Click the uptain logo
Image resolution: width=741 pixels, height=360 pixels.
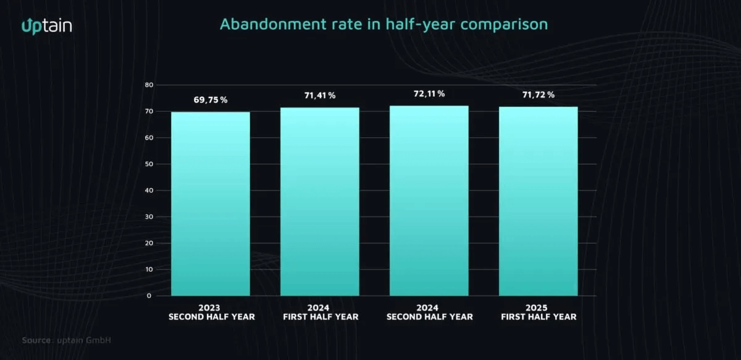pos(47,25)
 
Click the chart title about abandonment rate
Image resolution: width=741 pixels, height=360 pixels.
pos(383,25)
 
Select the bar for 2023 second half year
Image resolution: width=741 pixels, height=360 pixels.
pos(210,204)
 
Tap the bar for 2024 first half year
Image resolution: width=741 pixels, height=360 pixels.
pos(320,201)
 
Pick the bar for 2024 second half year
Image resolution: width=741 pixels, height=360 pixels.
pos(429,201)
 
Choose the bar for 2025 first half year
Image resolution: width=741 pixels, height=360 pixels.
pos(538,201)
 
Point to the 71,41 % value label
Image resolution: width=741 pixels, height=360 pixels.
pos(320,95)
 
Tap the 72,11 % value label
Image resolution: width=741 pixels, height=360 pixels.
pos(429,93)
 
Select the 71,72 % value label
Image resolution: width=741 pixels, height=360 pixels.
pos(538,94)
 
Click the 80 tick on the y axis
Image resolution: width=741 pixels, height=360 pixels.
pos(148,85)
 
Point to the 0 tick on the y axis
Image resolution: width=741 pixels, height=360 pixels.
pos(149,296)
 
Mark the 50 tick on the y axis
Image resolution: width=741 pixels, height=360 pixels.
pos(148,164)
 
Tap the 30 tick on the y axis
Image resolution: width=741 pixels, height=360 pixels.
pos(148,217)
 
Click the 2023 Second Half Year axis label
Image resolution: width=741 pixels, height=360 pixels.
pos(210,312)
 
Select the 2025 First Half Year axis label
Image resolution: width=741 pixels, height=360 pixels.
pos(538,312)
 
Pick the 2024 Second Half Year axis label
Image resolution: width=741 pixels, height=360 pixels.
pos(429,312)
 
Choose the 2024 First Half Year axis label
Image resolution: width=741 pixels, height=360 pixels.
pos(320,312)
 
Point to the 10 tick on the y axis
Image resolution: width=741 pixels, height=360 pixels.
pos(148,269)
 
